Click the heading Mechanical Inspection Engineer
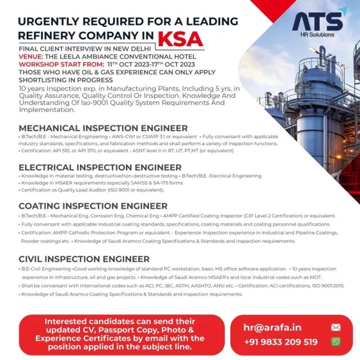[103, 128]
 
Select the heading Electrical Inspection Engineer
[100, 167]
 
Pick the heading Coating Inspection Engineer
[93, 206]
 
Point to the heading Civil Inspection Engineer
[84, 259]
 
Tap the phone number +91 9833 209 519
[281, 342]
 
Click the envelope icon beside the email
[336, 327]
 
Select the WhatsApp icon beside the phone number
[336, 342]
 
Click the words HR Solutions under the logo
[317, 34]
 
